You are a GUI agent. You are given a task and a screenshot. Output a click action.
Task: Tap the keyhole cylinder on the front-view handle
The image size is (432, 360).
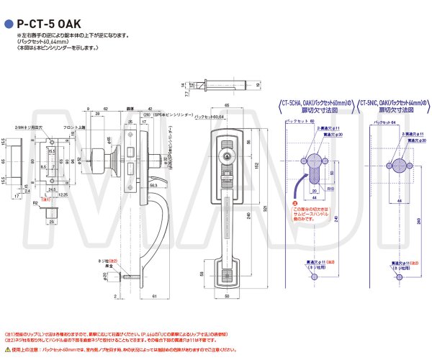[228, 154]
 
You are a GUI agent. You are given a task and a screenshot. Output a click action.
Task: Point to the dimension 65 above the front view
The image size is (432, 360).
[227, 106]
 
